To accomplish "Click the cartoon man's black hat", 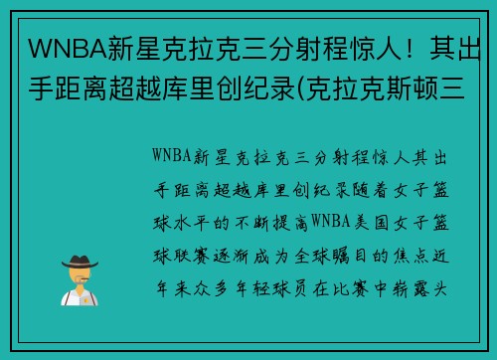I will tap(79, 261).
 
